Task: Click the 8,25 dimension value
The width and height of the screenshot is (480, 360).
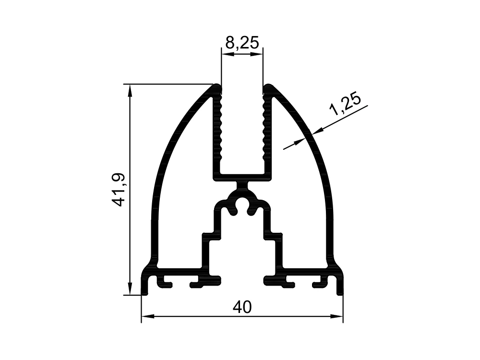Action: tap(242, 43)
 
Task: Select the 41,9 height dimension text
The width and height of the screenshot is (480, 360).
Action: tap(118, 190)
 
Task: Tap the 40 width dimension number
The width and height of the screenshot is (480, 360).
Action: tap(242, 307)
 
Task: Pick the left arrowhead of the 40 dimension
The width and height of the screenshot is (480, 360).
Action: tap(147, 316)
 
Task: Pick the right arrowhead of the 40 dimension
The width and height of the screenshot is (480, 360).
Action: tap(336, 316)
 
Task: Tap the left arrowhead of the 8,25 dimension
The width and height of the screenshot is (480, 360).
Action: tap(227, 54)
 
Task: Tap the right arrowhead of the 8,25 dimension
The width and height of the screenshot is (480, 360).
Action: tap(257, 54)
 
